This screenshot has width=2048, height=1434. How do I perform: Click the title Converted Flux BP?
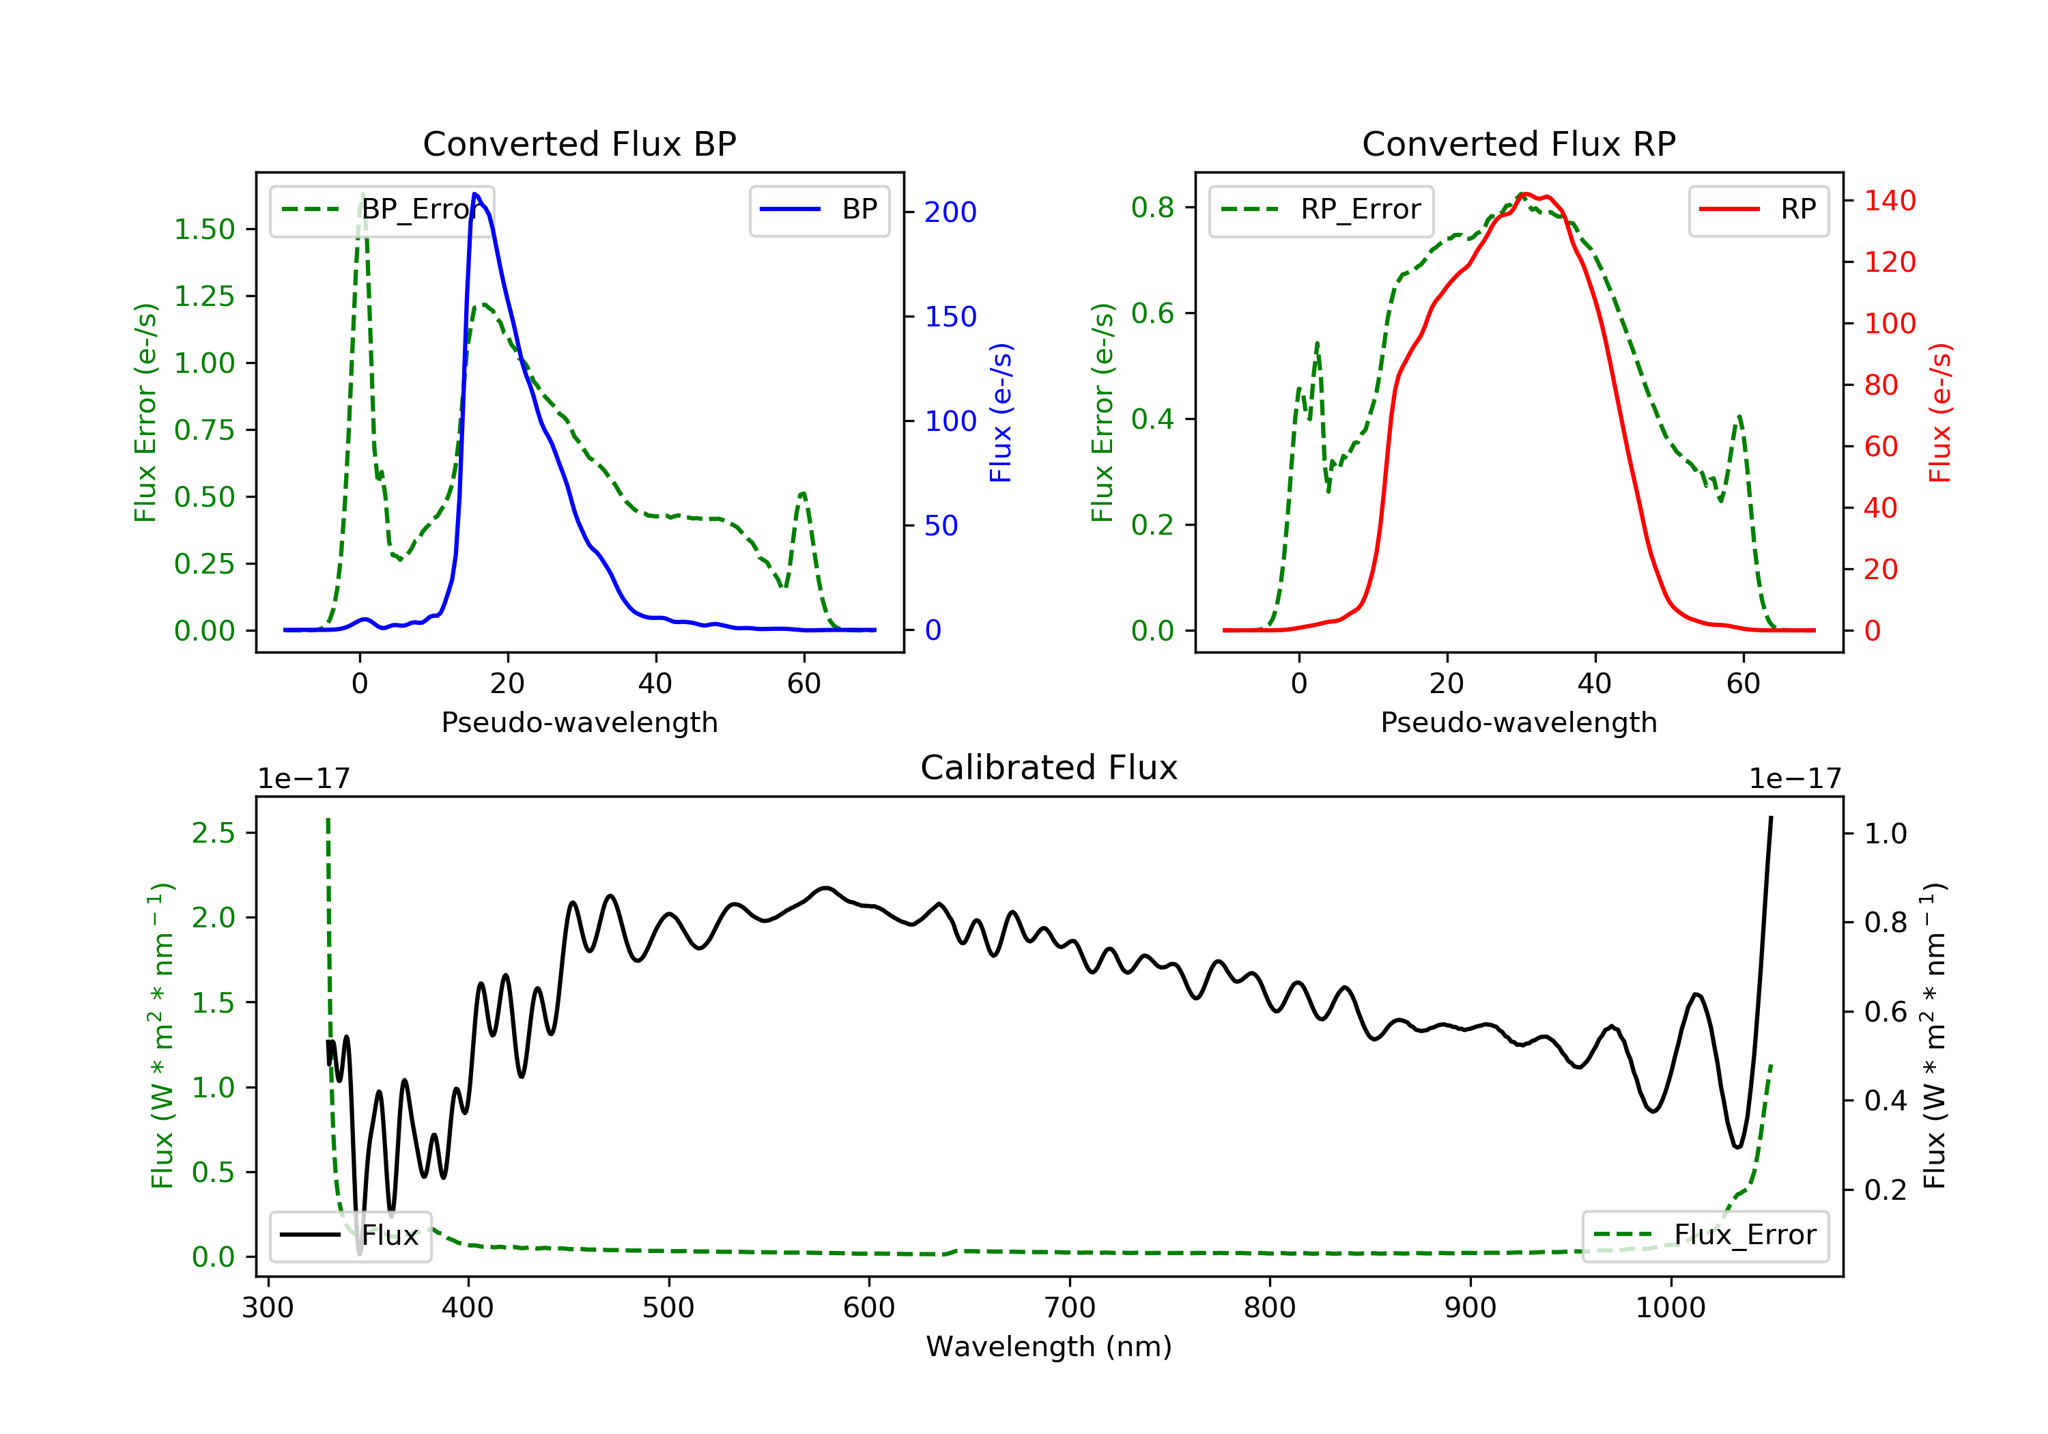pos(580,143)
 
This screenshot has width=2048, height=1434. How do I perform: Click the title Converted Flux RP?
pos(1519,143)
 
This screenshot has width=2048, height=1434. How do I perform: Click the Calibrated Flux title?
pos(1049,768)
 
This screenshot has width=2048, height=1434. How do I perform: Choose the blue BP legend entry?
pos(819,210)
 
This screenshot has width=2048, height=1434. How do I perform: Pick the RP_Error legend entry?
pos(1320,210)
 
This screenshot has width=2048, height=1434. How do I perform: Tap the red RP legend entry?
pos(1758,210)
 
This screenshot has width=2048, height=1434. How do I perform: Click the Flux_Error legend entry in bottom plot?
pos(1705,1235)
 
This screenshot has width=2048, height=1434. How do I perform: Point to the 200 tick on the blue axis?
pos(950,212)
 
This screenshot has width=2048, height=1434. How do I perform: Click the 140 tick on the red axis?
pos(1889,201)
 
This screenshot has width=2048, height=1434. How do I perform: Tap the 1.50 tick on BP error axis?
pos(204,229)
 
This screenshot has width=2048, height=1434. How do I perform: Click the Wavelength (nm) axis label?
pos(1049,1347)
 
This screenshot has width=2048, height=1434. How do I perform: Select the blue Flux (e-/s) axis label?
pos(1001,413)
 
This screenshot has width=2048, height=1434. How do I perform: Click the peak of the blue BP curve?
pos(475,194)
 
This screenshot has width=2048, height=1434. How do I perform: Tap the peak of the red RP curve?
pos(1524,194)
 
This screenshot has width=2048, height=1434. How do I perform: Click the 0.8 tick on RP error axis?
pos(1152,208)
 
